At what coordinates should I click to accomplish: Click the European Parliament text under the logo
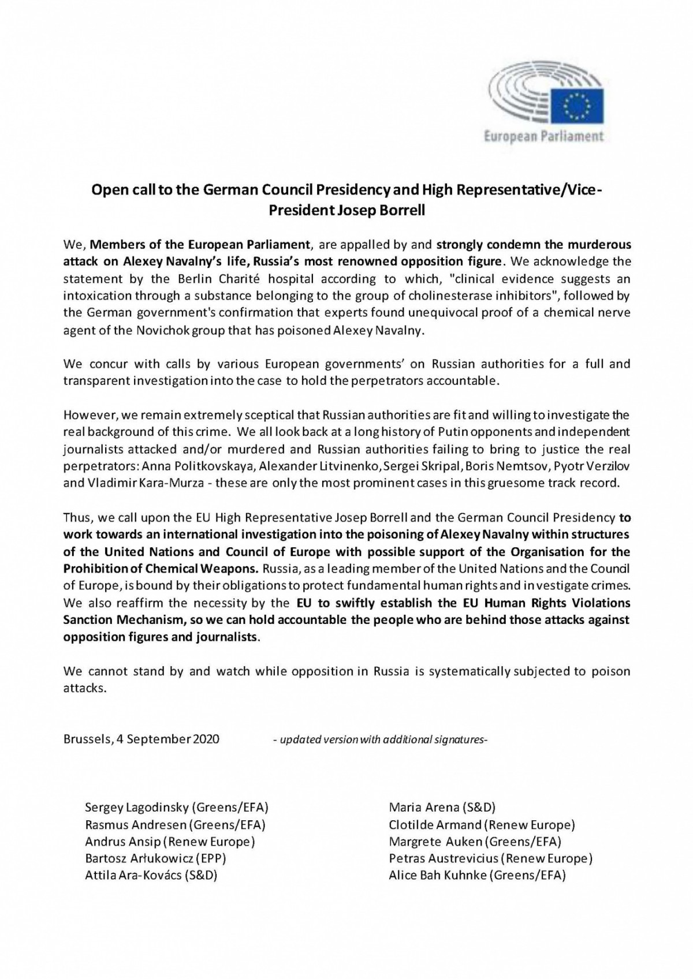[x=543, y=137]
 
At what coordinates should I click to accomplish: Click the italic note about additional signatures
[x=380, y=739]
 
